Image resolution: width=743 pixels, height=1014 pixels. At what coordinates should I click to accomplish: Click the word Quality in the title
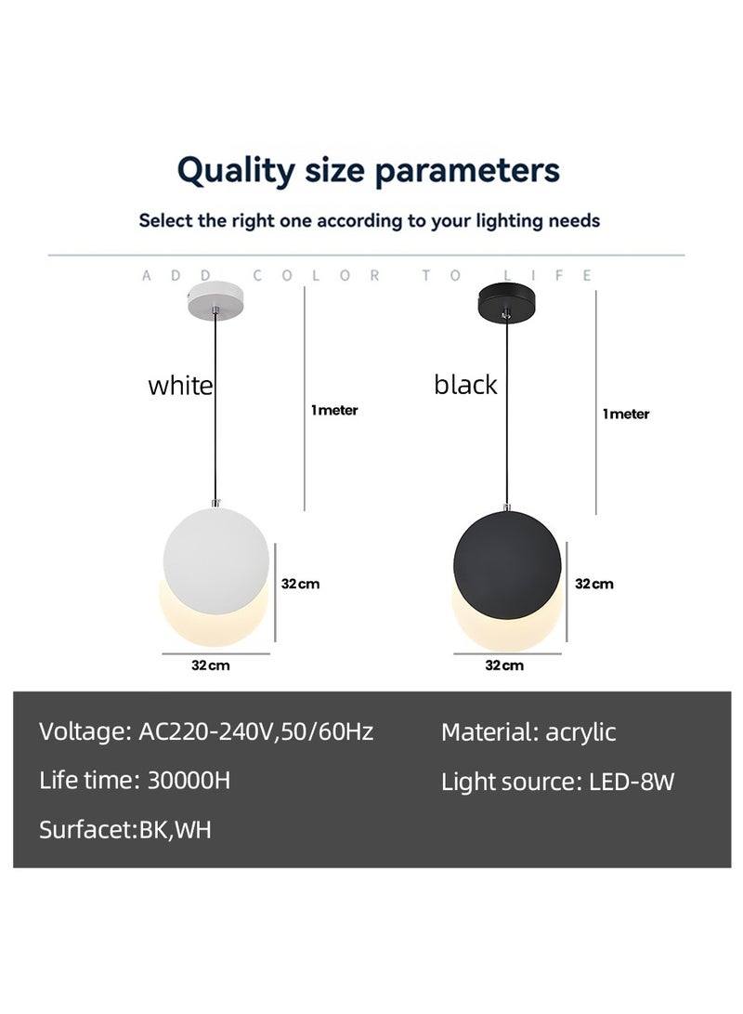235,171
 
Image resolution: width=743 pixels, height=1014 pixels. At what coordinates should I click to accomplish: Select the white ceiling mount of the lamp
216,302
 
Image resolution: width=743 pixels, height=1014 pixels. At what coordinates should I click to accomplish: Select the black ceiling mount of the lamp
507,303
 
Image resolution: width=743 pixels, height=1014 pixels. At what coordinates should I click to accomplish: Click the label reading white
180,386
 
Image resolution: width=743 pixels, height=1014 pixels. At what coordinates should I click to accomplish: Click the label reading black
465,386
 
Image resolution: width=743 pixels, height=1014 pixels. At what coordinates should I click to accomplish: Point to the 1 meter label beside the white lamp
334,410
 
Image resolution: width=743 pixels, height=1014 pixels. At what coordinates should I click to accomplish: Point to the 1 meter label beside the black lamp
626,414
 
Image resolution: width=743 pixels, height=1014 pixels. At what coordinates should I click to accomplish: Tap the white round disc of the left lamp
215,560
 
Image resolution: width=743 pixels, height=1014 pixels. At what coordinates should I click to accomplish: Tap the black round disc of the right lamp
507,564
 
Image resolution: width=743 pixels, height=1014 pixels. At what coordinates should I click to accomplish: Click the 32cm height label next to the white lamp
300,584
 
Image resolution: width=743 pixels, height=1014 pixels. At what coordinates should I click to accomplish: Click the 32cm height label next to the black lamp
594,584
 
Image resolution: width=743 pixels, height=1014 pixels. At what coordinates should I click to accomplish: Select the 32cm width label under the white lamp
211,665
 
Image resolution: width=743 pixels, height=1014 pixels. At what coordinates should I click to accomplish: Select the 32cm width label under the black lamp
504,665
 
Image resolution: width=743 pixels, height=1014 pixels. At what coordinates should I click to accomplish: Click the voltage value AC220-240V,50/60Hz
255,731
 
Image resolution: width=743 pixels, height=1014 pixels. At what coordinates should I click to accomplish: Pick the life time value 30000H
189,780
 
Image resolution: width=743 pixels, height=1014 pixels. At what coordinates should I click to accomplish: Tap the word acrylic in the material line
580,732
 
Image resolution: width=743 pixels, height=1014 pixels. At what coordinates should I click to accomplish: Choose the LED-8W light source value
632,782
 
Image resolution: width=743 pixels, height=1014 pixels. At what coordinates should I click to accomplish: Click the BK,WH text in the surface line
176,830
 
